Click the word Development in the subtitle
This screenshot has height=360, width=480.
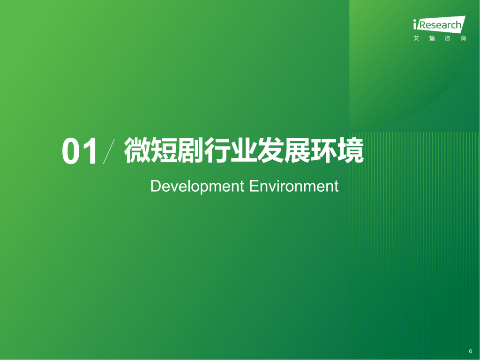[197, 187]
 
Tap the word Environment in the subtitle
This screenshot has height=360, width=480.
[293, 186]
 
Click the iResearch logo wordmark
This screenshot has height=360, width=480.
[439, 25]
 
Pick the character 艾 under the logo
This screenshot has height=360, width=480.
[417, 38]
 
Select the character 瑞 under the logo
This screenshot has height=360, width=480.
[432, 38]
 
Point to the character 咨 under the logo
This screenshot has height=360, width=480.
[447, 38]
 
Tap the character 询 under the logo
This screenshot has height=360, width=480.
[463, 38]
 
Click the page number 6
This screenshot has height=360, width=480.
[470, 351]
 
